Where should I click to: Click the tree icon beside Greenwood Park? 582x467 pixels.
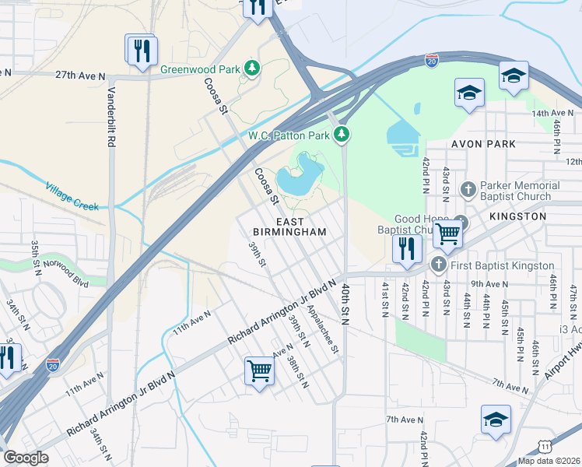pos(251,68)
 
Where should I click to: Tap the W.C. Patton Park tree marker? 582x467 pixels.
pos(341,135)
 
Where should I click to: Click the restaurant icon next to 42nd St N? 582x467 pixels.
pos(406,248)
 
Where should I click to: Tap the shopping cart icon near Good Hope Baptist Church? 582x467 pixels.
pos(447,232)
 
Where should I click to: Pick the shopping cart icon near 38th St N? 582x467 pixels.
pos(259,370)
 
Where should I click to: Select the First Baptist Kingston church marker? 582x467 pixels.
pos(438,265)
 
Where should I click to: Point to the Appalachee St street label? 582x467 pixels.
pos(323,327)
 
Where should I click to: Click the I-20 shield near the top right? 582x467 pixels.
pos(432,59)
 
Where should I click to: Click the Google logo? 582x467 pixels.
pos(26,458)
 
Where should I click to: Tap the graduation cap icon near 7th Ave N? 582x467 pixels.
pos(496,420)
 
